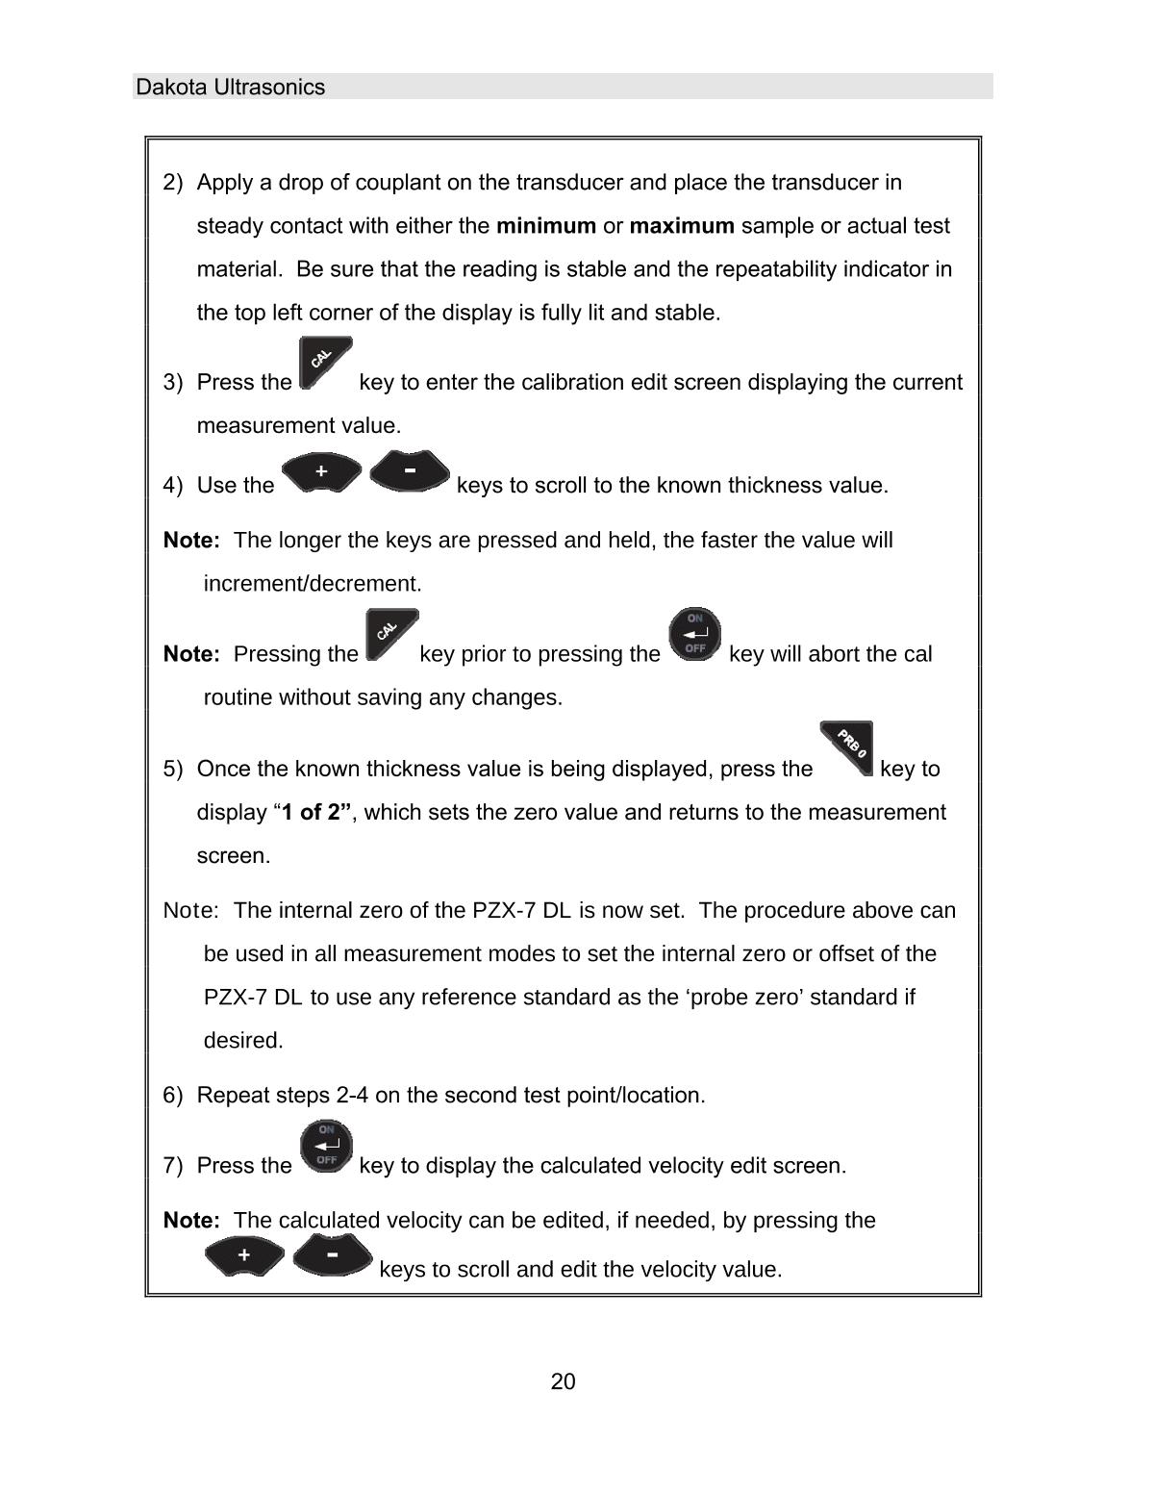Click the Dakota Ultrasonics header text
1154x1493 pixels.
tap(231, 88)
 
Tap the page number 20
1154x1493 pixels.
tap(564, 1382)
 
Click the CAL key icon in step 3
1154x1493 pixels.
tap(324, 363)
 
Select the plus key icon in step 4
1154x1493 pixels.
tap(322, 472)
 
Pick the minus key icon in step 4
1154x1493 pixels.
tap(410, 471)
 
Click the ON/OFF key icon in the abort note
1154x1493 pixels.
tap(694, 633)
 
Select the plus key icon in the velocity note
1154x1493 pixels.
tap(244, 1255)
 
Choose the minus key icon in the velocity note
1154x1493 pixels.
tap(332, 1254)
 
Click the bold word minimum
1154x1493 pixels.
tap(545, 226)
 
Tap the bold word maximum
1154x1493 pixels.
tap(682, 226)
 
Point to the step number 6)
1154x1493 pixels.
tap(173, 1096)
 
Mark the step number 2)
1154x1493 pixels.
tap(173, 183)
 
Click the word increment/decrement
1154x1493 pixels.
tap(313, 584)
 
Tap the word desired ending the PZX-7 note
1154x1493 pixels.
tap(243, 1041)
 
